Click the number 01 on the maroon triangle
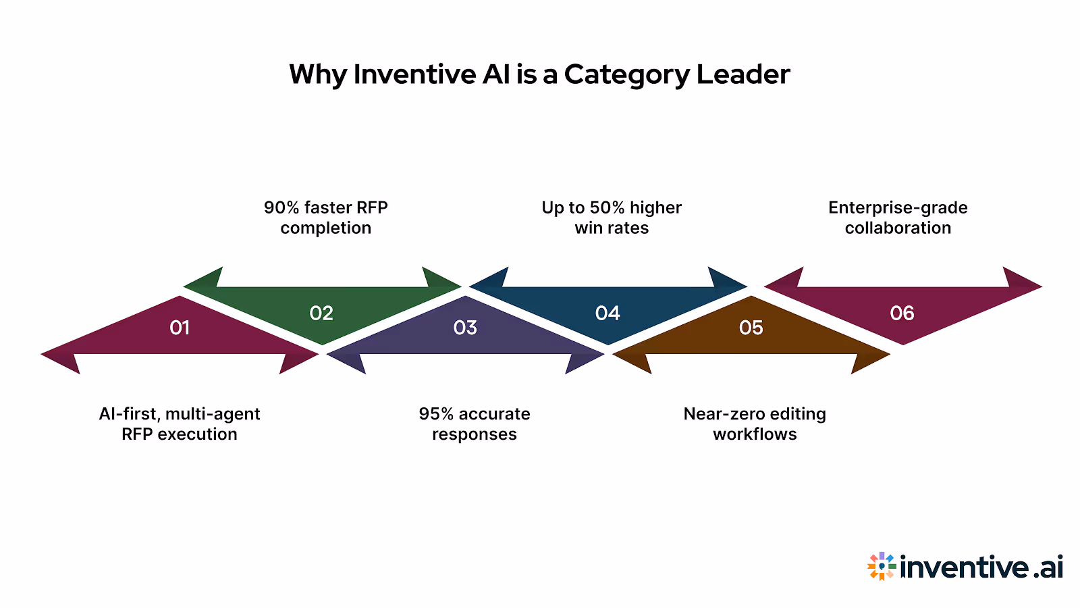(180, 328)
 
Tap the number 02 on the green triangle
(321, 313)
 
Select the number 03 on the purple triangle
(465, 328)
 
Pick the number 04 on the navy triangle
(607, 313)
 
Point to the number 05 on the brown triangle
(751, 328)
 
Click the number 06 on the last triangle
(902, 313)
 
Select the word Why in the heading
(317, 74)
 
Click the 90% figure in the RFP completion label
(281, 207)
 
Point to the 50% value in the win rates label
(607, 207)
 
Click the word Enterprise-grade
(898, 207)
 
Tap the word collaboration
(898, 228)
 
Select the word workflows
(755, 434)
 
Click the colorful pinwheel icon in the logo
(882, 566)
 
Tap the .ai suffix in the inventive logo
(1048, 567)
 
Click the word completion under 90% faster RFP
(326, 228)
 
